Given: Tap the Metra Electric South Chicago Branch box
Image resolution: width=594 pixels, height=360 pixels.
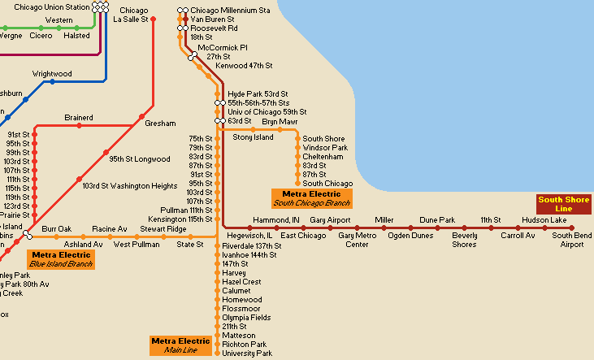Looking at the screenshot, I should [310, 198].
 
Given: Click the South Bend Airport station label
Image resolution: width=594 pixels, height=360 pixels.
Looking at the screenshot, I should [567, 240].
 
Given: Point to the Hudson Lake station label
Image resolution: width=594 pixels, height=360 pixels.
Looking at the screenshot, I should [544, 220].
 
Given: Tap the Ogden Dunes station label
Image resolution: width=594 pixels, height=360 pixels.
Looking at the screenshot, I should [410, 236].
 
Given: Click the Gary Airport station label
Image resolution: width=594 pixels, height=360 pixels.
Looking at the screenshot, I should [330, 220].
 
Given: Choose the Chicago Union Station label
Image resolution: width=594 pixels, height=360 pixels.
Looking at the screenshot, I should [51, 7].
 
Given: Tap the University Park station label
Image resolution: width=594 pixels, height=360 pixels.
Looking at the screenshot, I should [247, 353].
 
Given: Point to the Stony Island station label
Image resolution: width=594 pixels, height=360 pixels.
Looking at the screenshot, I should [253, 137].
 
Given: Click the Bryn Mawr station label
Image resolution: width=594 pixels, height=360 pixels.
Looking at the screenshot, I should [280, 122].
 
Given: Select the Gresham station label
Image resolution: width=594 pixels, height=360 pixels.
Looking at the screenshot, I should [160, 124].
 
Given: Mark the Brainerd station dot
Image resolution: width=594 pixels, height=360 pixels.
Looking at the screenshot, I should [79, 127].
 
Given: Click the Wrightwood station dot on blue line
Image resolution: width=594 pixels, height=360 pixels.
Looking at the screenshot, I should [53, 82].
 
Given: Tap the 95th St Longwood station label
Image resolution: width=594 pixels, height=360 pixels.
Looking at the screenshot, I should [140, 159].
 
